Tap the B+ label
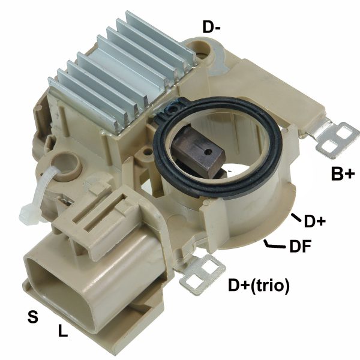[343, 174]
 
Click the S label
[34, 316]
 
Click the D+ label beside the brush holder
[314, 221]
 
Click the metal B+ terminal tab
[334, 138]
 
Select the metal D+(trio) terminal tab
[200, 273]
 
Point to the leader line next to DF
[274, 245]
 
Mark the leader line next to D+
[296, 218]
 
